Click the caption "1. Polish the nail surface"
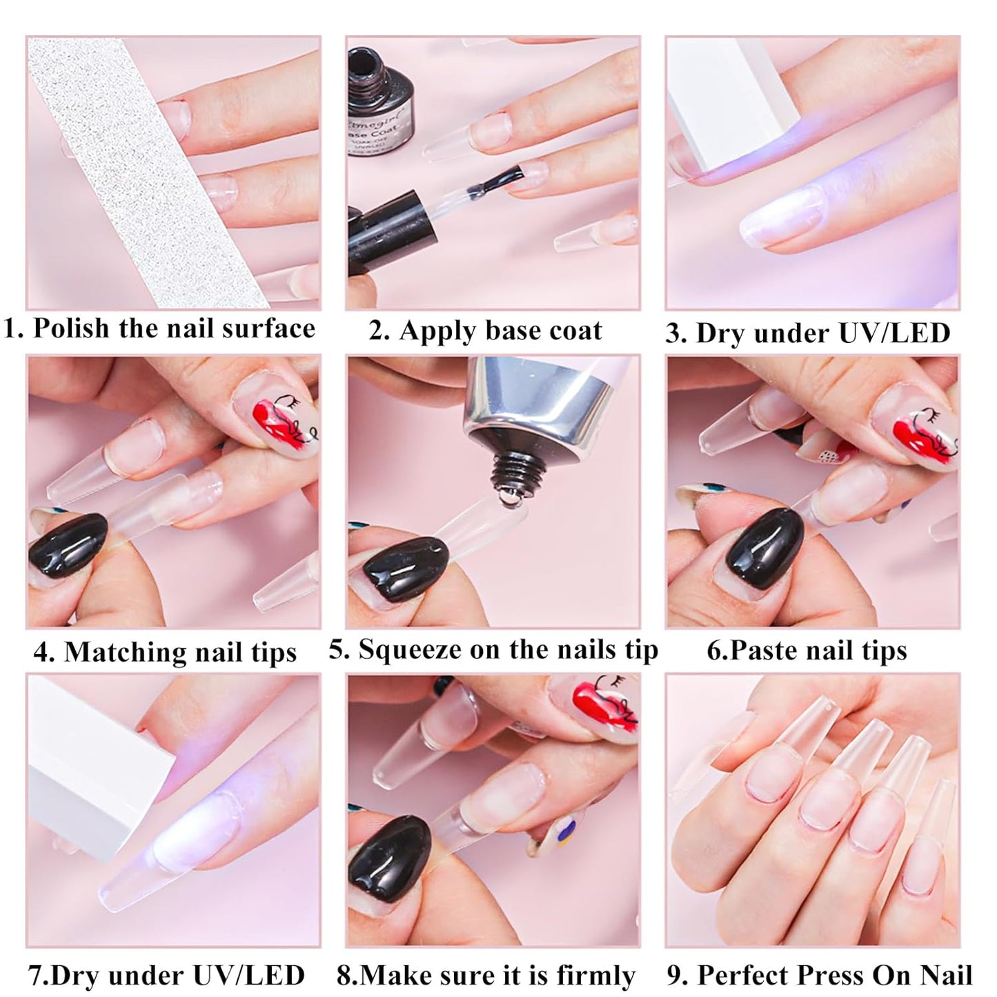coord(159,328)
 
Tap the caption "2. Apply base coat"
coord(485,330)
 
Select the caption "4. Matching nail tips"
coord(165,651)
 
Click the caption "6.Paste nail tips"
coord(807,650)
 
